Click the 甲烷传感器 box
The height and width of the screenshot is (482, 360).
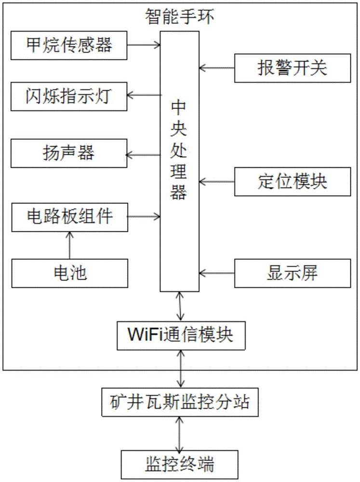[68, 45]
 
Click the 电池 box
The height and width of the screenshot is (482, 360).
[68, 273]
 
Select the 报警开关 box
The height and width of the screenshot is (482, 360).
[292, 68]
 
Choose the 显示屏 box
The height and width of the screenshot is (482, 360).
[292, 273]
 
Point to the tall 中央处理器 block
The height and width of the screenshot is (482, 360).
[179, 161]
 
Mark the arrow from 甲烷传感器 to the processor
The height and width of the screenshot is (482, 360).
[143, 45]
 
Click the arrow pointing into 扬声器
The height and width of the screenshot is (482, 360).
[143, 155]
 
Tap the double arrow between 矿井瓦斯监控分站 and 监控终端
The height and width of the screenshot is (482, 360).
[180, 433]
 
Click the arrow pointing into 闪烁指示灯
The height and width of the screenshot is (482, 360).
[143, 95]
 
